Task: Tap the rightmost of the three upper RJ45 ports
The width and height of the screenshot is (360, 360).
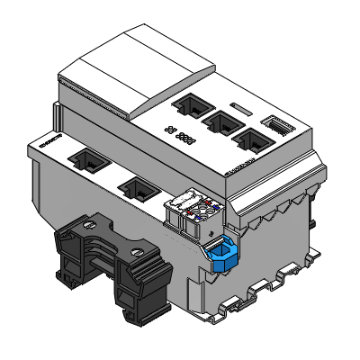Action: click(x=250, y=138)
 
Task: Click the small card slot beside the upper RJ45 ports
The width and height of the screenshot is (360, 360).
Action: click(x=276, y=125)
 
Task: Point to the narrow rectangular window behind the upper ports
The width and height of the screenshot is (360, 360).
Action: click(x=238, y=108)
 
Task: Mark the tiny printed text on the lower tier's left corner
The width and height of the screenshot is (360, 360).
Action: click(x=48, y=141)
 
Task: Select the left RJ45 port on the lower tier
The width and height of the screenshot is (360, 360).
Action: click(x=90, y=163)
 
